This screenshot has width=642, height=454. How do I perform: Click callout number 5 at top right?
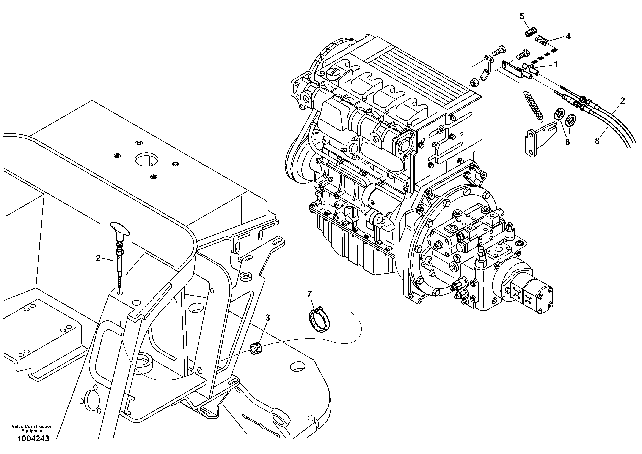pos(522,16)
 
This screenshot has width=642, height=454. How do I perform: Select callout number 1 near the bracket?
pos(556,65)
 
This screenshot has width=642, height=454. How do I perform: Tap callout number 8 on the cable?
pos(597,141)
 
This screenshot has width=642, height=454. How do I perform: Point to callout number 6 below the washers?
pos(567,142)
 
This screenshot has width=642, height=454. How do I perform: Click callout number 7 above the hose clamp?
pos(309,294)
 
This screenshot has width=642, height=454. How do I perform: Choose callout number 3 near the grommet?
pos(268,318)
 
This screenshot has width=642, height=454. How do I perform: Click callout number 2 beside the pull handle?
pos(98,258)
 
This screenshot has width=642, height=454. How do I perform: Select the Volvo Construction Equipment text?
pos(32,429)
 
